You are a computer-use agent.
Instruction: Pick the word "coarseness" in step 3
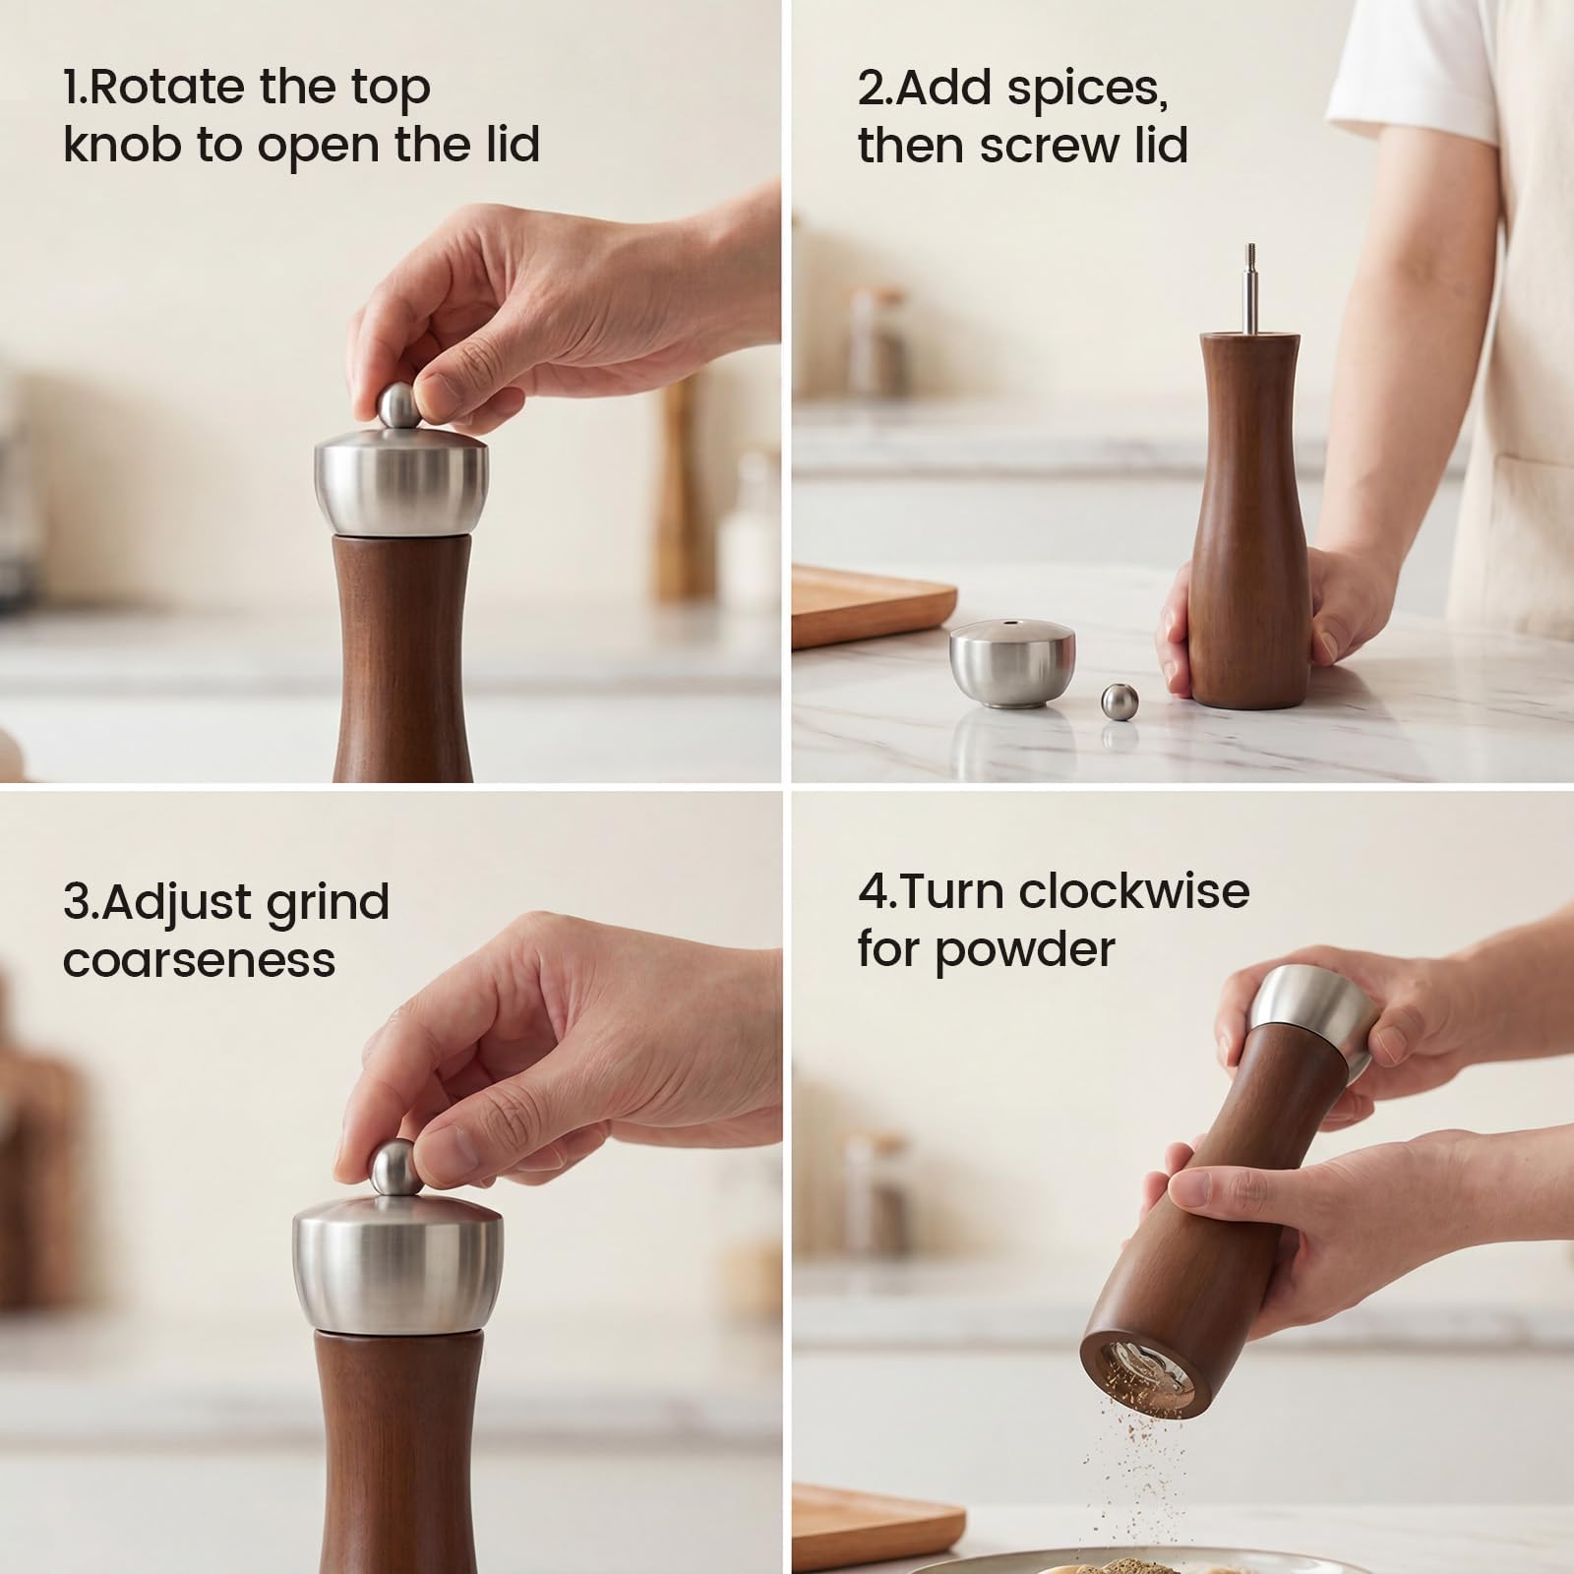(199, 960)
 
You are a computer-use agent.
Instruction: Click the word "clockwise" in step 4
(1134, 892)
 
